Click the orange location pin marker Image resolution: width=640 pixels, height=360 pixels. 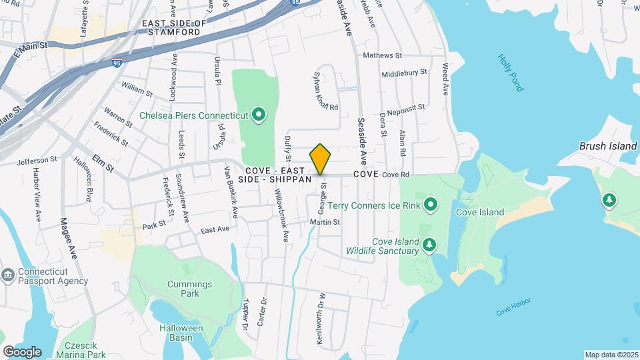tap(321, 159)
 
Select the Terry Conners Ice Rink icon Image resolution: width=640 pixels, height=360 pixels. tap(431, 205)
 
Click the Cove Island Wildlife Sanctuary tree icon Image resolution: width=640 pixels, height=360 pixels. tap(429, 246)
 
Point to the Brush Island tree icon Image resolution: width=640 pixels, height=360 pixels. tap(609, 199)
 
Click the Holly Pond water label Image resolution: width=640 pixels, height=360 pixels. tap(511, 73)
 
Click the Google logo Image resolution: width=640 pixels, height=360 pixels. tap(22, 351)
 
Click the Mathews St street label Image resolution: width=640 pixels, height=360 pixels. tap(383, 55)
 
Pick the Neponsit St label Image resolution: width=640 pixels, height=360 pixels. tap(406, 107)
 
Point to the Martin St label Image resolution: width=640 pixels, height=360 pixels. tap(325, 222)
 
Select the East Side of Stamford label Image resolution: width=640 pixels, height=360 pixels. tap(175, 27)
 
